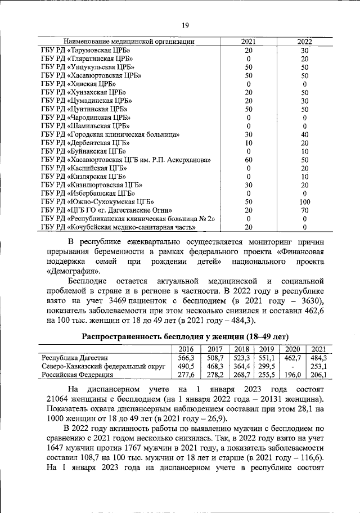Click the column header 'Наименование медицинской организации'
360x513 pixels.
tap(129, 42)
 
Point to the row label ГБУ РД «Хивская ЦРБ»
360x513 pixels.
tap(79, 84)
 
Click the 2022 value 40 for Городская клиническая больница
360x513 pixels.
tap(305, 134)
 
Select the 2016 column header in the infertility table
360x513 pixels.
tap(186, 349)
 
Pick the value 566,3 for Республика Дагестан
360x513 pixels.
tap(186, 357)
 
